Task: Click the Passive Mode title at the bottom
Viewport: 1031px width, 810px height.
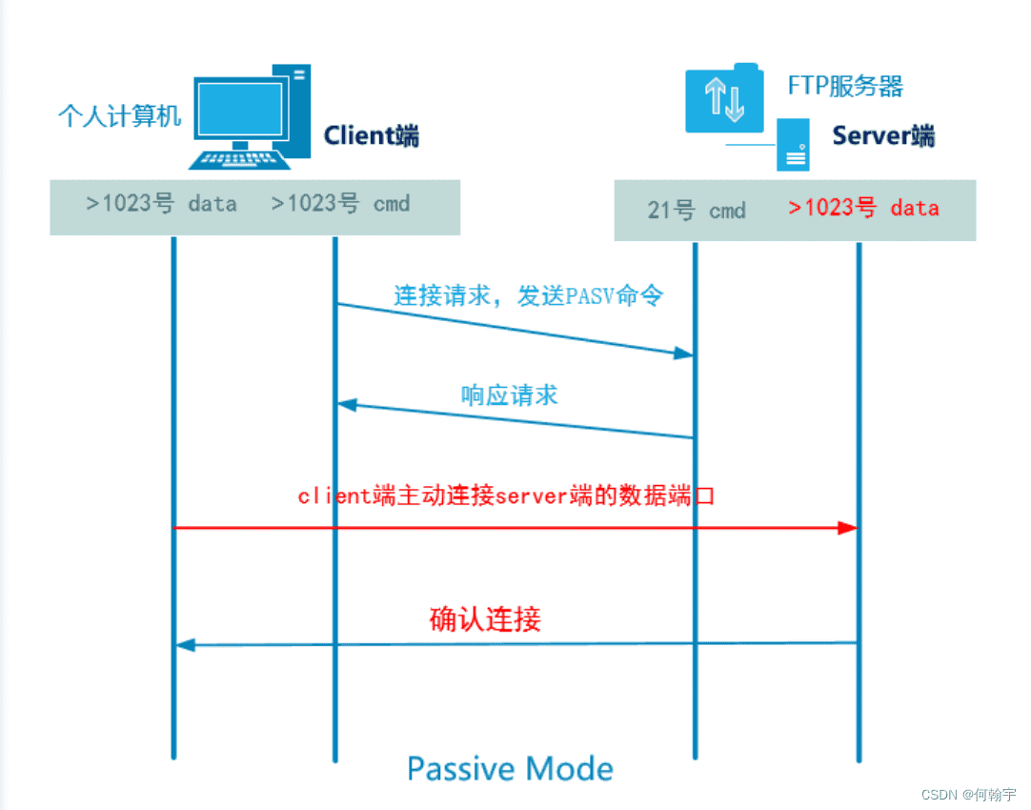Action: coord(510,768)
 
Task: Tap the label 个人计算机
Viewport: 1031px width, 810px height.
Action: coord(119,116)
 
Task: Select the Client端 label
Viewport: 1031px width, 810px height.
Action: coord(372,135)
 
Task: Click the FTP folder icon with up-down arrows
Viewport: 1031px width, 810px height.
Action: coord(724,98)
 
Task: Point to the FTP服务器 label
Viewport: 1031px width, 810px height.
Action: coord(845,87)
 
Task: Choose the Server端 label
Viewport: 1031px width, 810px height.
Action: coord(883,135)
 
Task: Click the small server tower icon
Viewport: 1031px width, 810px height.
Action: coord(793,145)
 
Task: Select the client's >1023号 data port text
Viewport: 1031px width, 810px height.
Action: coord(161,203)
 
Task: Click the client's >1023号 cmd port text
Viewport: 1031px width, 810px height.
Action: coord(340,203)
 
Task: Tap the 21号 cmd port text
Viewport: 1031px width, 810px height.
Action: coord(696,211)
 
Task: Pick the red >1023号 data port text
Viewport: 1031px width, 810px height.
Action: coord(863,208)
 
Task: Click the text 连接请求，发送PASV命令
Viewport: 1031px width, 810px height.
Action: coord(528,295)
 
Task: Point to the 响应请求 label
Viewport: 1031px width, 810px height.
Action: coord(509,395)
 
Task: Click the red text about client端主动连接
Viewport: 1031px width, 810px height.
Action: coord(505,496)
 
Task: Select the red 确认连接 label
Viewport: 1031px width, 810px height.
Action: coord(485,619)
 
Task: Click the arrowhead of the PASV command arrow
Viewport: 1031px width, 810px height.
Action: coord(682,354)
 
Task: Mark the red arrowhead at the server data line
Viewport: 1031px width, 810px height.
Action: coord(847,528)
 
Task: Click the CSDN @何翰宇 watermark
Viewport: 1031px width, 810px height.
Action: coord(969,794)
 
